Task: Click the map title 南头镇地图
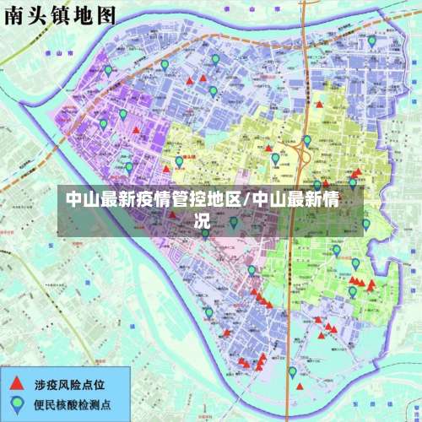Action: point(49,14)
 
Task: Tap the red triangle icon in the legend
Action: point(16,381)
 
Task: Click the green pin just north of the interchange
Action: point(307,140)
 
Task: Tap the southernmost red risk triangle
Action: point(300,386)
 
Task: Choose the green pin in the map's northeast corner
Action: point(371,41)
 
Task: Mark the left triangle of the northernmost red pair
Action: point(191,81)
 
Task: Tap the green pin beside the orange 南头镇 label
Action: point(179,161)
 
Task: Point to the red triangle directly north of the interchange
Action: point(319,105)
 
